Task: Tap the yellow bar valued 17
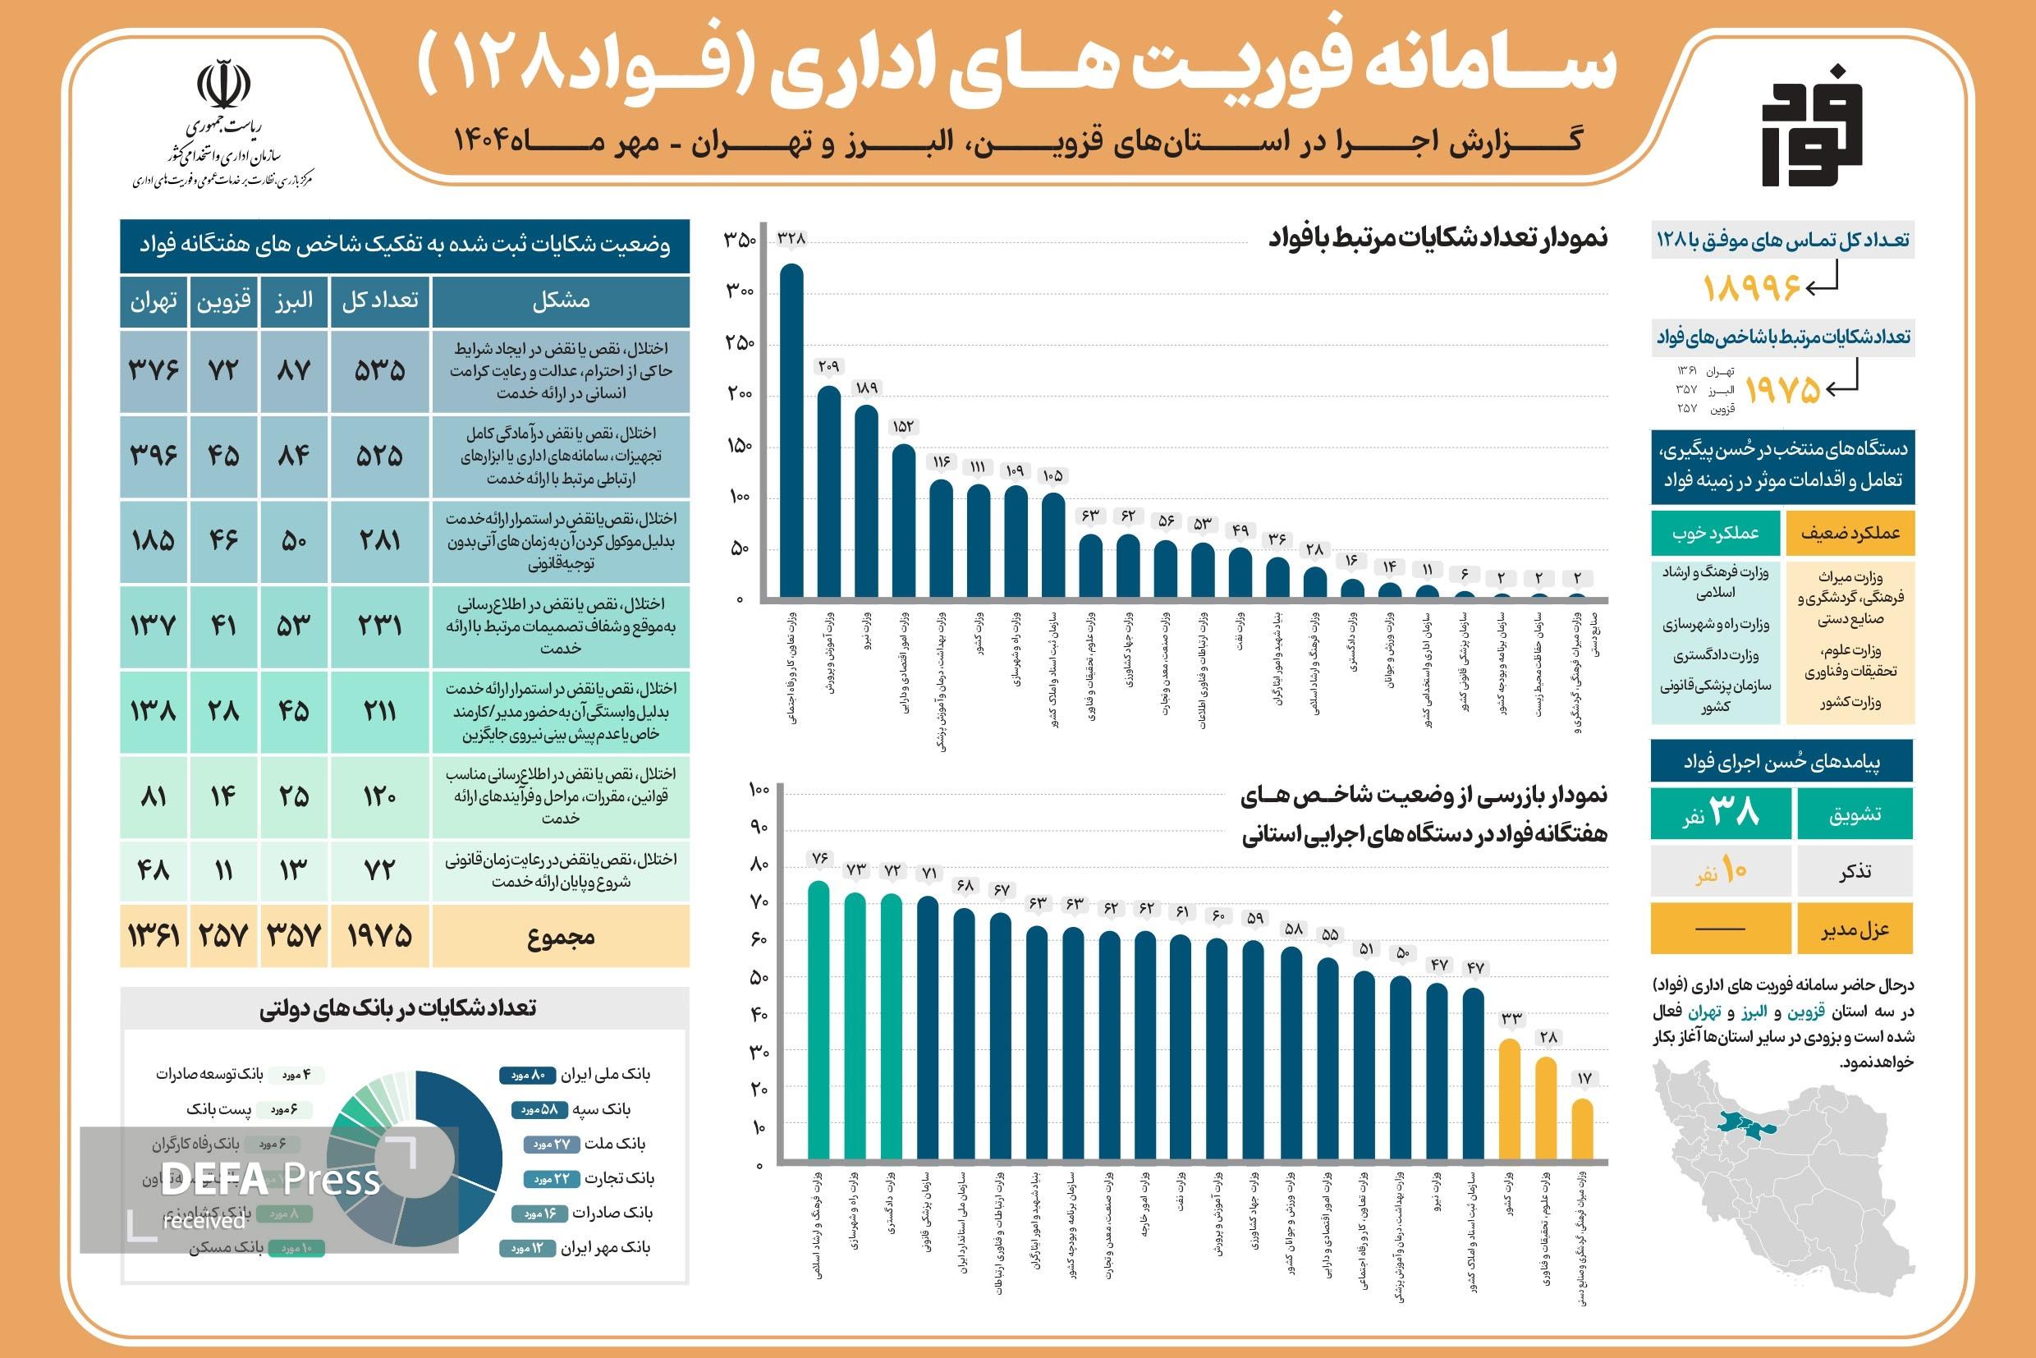[1582, 1130]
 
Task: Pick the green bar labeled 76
[819, 1021]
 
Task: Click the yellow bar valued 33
[1510, 1099]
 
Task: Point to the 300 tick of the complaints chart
[740, 291]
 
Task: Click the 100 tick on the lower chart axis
[758, 790]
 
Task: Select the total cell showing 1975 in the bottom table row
[379, 935]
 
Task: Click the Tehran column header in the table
[154, 301]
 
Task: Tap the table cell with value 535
[379, 370]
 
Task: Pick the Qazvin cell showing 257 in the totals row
[223, 935]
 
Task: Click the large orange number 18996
[1751, 287]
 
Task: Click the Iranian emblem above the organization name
[223, 85]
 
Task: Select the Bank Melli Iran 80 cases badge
[526, 1075]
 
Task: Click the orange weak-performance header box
[1850, 533]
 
